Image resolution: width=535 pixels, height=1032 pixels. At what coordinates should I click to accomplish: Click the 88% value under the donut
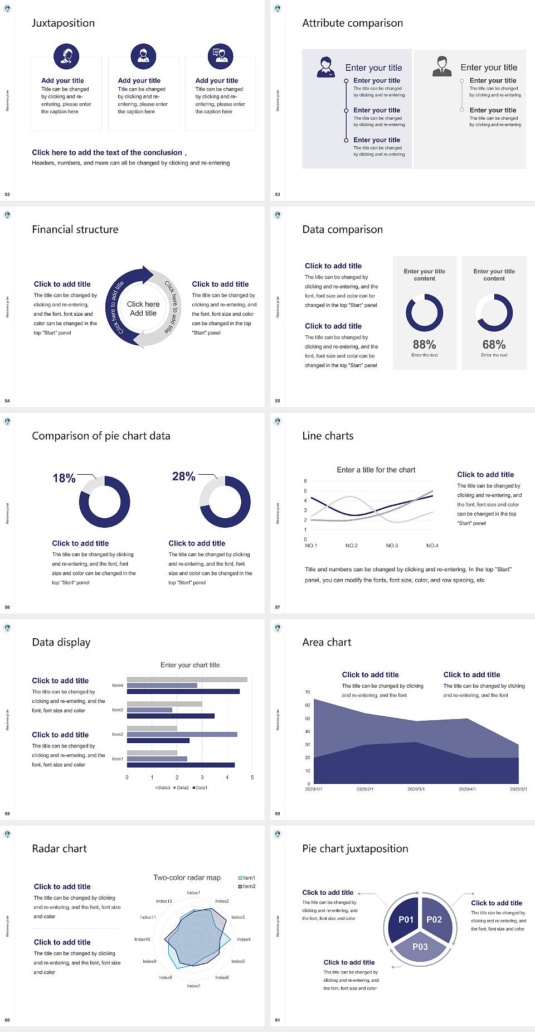click(424, 345)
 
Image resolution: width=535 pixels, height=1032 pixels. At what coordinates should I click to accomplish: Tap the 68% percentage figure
click(494, 345)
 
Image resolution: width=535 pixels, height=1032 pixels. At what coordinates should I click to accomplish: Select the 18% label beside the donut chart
click(64, 478)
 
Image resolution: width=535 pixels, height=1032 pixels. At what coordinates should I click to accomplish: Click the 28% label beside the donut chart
click(183, 476)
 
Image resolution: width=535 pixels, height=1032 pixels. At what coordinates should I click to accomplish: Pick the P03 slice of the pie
click(420, 947)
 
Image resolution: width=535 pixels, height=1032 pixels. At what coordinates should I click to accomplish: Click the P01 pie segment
click(406, 919)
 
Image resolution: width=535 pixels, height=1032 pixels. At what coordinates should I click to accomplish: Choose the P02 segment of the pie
click(435, 919)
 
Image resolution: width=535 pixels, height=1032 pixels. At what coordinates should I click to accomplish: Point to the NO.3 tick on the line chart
click(392, 546)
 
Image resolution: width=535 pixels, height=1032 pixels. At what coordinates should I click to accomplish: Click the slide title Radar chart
click(60, 848)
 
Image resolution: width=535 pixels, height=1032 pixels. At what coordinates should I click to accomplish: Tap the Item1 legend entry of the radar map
click(247, 878)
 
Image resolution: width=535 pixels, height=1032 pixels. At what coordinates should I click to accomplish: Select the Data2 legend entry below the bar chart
click(182, 788)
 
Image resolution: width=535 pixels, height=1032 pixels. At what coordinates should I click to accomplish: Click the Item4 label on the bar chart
click(118, 686)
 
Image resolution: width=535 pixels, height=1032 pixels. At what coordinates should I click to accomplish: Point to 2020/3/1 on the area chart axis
click(416, 789)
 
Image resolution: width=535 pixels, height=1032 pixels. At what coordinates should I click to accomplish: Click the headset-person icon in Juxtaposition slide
click(66, 56)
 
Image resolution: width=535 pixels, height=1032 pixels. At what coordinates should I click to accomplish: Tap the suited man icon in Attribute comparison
click(442, 66)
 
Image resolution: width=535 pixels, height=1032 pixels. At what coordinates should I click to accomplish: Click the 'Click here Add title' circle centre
click(143, 308)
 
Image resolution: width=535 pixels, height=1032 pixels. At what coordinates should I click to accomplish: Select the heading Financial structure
click(75, 229)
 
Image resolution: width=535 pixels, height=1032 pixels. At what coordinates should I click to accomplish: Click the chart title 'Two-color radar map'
click(187, 877)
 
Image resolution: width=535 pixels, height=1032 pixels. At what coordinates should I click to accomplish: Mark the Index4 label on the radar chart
click(244, 939)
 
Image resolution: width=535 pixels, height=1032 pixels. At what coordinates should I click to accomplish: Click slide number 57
click(278, 607)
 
